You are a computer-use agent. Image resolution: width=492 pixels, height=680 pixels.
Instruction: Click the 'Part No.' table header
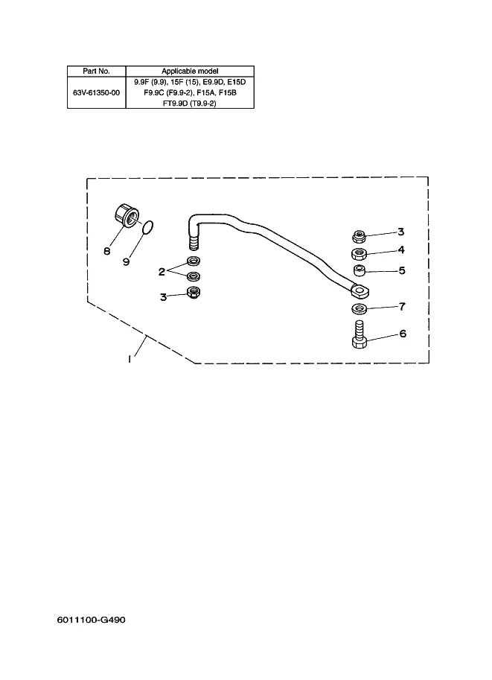(x=97, y=71)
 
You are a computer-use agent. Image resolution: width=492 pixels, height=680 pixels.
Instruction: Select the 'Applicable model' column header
(x=191, y=71)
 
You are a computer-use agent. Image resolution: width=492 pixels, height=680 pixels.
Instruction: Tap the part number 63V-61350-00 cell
(x=97, y=93)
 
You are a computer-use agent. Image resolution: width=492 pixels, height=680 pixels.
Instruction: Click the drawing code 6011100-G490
(x=89, y=618)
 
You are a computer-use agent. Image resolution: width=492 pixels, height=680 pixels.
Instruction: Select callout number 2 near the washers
(x=161, y=272)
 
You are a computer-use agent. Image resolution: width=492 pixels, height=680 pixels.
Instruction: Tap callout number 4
(x=400, y=250)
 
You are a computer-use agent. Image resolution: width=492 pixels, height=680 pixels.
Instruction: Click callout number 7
(x=402, y=306)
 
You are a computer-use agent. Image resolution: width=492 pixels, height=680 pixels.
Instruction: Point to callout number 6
(x=402, y=334)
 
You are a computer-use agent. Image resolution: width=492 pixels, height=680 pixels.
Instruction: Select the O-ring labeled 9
(x=147, y=226)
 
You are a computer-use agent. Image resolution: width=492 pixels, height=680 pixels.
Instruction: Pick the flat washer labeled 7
(x=358, y=308)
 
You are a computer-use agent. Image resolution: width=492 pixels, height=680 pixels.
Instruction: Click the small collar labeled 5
(x=358, y=270)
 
